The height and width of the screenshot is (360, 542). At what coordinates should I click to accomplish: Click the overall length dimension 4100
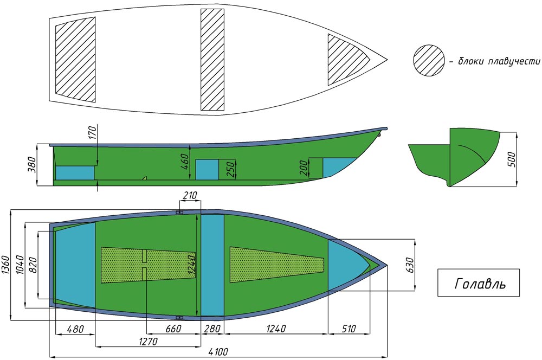[218, 352]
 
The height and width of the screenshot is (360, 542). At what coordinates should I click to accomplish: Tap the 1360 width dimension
[6, 265]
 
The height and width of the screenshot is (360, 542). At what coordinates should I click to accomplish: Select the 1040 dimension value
[20, 265]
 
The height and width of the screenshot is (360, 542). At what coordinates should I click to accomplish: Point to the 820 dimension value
[34, 265]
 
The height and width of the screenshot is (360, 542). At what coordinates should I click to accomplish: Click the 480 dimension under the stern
[75, 329]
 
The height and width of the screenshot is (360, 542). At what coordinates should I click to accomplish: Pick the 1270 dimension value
[148, 342]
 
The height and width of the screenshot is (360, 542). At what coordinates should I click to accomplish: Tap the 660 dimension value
[173, 329]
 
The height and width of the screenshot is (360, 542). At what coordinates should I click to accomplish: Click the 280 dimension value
[212, 329]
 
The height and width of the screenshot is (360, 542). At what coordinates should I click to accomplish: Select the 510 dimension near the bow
[349, 329]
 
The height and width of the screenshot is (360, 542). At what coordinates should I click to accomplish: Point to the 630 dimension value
[410, 265]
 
